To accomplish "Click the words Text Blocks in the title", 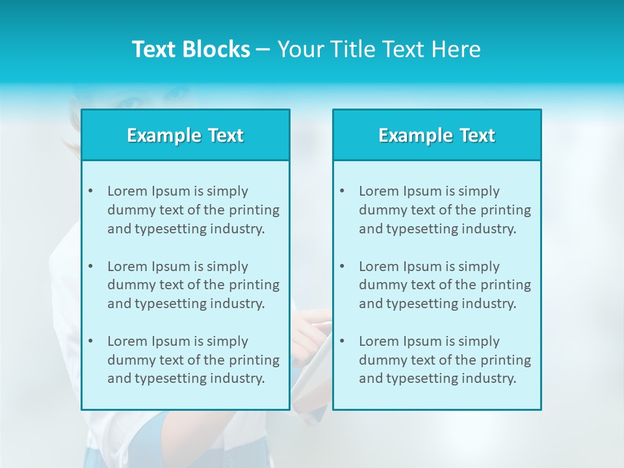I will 190,49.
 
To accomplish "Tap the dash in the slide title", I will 263,50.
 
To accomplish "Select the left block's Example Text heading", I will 185,135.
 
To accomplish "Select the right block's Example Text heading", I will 437,135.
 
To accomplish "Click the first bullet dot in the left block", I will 90,191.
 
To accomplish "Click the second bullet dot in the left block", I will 90,266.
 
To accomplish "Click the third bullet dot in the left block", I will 90,341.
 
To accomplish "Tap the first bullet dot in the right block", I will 342,191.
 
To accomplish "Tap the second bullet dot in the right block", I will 342,266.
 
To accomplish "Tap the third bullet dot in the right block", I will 342,341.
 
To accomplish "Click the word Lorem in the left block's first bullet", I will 127,191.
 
